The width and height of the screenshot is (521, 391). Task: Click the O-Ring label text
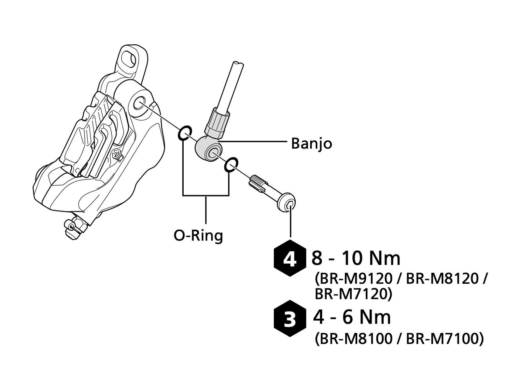pyautogui.click(x=198, y=235)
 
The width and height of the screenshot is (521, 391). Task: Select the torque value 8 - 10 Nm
pyautogui.click(x=356, y=258)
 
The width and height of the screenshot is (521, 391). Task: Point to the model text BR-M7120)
pyautogui.click(x=353, y=294)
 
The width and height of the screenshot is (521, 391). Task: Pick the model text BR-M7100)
pyautogui.click(x=445, y=339)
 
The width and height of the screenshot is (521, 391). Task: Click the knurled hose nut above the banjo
pyautogui.click(x=218, y=123)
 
